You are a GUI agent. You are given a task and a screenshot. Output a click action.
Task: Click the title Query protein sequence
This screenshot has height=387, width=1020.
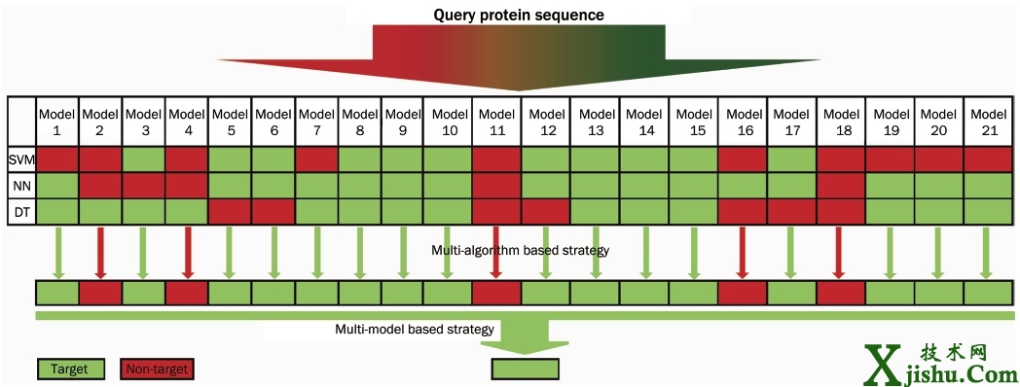(x=519, y=15)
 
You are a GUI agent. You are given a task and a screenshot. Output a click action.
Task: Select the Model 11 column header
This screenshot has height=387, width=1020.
(x=497, y=122)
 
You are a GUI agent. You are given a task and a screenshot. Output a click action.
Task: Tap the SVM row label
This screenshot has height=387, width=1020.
(x=21, y=159)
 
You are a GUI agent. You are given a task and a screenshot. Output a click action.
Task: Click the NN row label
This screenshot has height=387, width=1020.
(x=21, y=186)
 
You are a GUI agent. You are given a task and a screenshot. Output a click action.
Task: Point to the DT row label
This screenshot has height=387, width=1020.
(x=21, y=212)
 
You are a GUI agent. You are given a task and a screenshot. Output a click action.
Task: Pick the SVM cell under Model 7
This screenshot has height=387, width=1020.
(x=316, y=159)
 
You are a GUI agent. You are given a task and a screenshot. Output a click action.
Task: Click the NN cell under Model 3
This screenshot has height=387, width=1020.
(x=144, y=186)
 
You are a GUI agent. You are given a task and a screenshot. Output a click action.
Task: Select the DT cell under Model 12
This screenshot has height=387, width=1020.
(x=546, y=212)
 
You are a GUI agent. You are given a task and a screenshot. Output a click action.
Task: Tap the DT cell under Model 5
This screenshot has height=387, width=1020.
(x=231, y=212)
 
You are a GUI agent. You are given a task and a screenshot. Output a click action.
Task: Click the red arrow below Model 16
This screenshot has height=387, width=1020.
(x=743, y=253)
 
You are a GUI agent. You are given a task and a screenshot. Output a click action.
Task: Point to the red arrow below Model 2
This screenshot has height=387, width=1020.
(x=100, y=253)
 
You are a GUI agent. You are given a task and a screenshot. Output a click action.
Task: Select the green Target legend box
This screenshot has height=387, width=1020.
(x=70, y=369)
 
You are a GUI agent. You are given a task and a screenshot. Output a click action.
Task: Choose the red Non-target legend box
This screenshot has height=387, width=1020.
(x=157, y=369)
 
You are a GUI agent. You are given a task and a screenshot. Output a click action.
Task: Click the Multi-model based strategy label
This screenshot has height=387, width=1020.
(x=415, y=329)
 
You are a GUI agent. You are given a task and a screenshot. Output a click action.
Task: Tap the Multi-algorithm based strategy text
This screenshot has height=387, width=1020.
(x=520, y=251)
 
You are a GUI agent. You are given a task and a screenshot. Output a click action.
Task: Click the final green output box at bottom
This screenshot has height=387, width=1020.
(x=525, y=369)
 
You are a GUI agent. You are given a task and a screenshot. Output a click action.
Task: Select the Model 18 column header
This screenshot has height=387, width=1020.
(x=841, y=122)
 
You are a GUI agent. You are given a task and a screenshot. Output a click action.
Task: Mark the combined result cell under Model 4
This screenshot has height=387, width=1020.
(x=187, y=294)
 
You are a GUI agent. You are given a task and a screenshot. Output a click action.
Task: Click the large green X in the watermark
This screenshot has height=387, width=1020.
(x=882, y=366)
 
